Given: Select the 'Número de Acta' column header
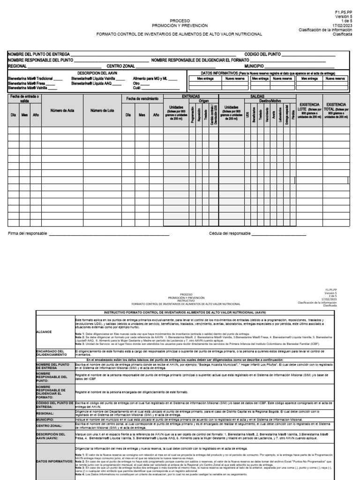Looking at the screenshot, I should tap(62, 111).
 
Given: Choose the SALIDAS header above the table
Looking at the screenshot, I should tap(257, 96).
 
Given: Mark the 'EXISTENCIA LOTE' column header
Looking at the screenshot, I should tap(309, 111).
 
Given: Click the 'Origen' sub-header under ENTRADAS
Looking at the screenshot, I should tap(203, 100).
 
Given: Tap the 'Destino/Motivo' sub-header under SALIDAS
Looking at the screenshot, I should tap(269, 100).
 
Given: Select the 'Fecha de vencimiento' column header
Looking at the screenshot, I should tap(142, 98).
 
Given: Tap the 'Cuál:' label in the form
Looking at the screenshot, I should tap(137, 88).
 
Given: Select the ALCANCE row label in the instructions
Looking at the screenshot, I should tap(45, 331).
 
